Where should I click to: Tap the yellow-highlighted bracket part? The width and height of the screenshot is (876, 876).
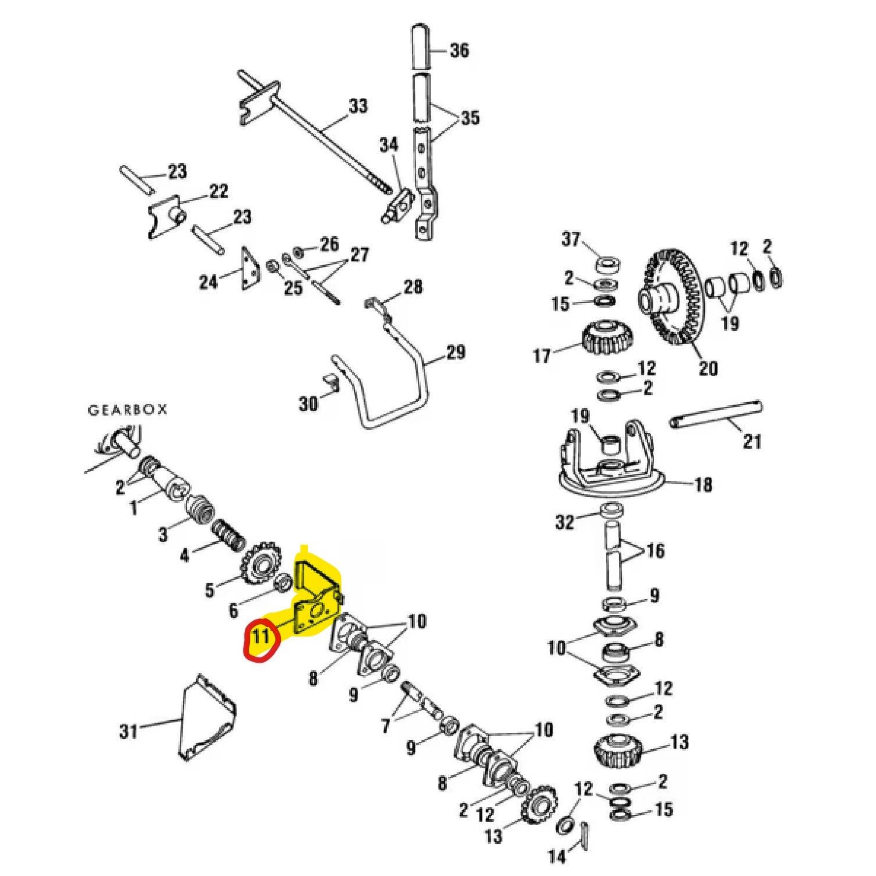pyautogui.click(x=315, y=600)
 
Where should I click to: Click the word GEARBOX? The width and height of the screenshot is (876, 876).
pyautogui.click(x=127, y=410)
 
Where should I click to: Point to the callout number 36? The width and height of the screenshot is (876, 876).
pyautogui.click(x=459, y=50)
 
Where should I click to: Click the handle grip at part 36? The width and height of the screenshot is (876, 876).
pyautogui.click(x=421, y=46)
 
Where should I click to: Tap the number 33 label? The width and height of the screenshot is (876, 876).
pyautogui.click(x=358, y=107)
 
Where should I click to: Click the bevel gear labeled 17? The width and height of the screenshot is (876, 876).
pyautogui.click(x=607, y=339)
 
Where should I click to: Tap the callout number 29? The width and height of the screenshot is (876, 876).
pyautogui.click(x=456, y=353)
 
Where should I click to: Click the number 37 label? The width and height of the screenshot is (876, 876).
pyautogui.click(x=572, y=239)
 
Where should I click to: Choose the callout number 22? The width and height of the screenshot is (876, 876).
pyautogui.click(x=219, y=192)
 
